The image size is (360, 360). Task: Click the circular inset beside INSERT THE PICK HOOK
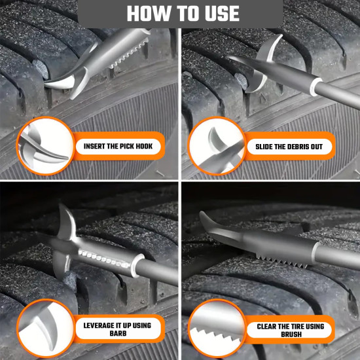[41, 145]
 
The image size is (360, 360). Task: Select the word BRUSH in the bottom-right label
[293, 334]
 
